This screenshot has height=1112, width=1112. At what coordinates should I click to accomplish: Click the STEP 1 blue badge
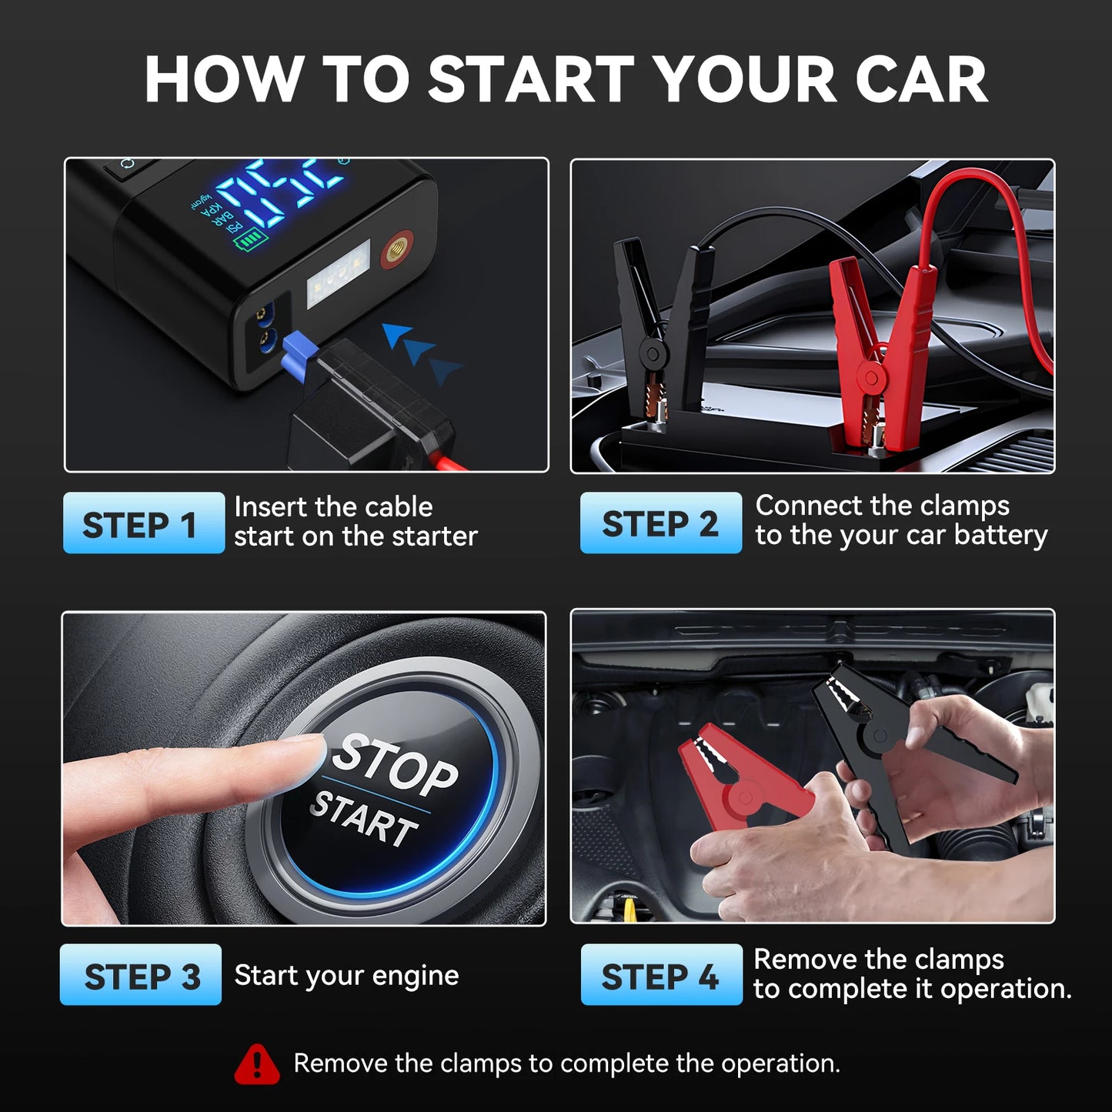[143, 523]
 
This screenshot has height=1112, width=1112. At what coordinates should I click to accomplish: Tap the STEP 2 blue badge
[660, 523]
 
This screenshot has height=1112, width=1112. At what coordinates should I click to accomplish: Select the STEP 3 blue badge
[141, 975]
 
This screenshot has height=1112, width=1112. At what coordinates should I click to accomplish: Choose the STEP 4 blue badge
[661, 975]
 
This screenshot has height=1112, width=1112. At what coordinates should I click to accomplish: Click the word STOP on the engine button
[396, 764]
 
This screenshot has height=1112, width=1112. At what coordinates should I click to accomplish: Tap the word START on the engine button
[364, 818]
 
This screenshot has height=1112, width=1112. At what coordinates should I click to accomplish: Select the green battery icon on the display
[250, 243]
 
